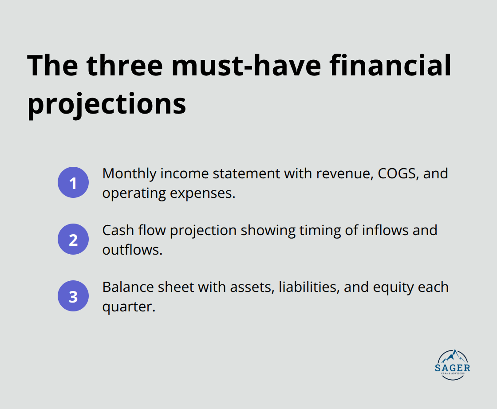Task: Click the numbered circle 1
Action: (x=73, y=183)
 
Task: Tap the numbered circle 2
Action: (x=73, y=240)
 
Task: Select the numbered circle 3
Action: (x=73, y=296)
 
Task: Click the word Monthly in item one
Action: (x=129, y=173)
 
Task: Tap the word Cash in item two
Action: (x=117, y=230)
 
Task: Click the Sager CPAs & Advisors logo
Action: (x=452, y=365)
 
